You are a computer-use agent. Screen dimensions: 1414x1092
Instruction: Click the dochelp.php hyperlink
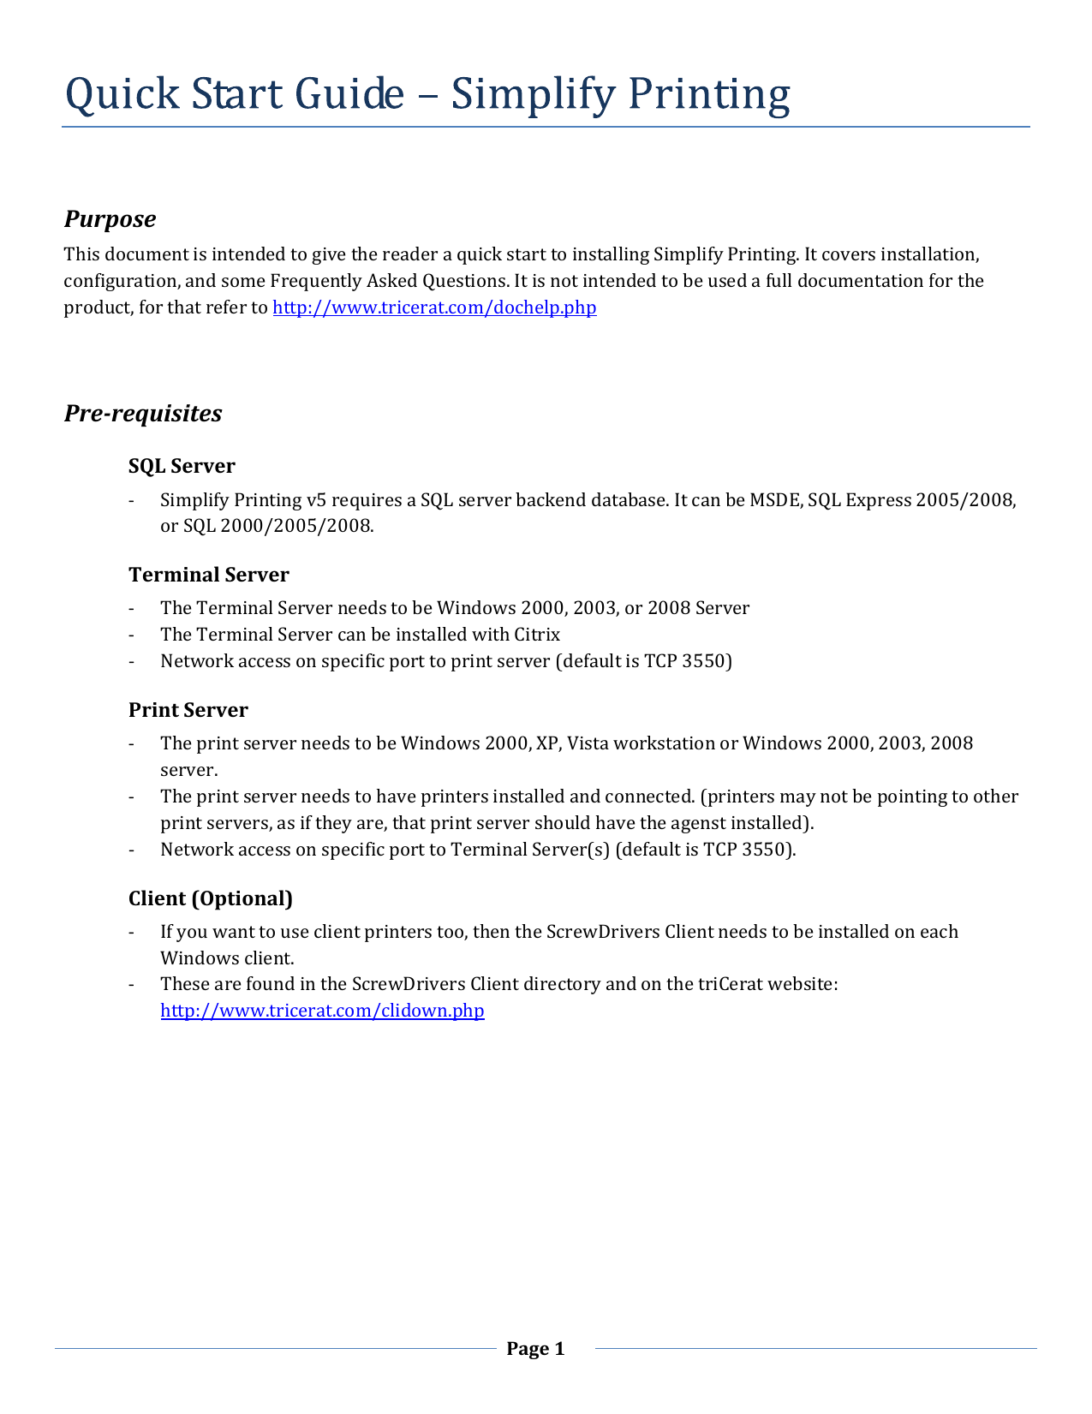[434, 307]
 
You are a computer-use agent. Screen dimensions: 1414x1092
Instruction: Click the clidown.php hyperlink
[322, 1011]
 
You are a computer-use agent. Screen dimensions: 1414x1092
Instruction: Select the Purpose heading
[110, 219]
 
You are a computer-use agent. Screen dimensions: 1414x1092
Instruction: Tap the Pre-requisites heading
[143, 414]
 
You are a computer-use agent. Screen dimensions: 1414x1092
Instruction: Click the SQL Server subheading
[182, 466]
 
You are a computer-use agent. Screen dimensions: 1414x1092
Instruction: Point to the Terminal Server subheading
[209, 575]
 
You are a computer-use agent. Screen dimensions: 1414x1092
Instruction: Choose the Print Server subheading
[188, 710]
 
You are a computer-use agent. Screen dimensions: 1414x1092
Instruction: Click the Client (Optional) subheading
[211, 898]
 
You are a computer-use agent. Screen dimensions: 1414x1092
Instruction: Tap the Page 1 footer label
[535, 1349]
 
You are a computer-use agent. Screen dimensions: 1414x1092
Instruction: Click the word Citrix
[537, 635]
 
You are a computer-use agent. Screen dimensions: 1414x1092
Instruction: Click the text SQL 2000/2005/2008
[278, 526]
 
